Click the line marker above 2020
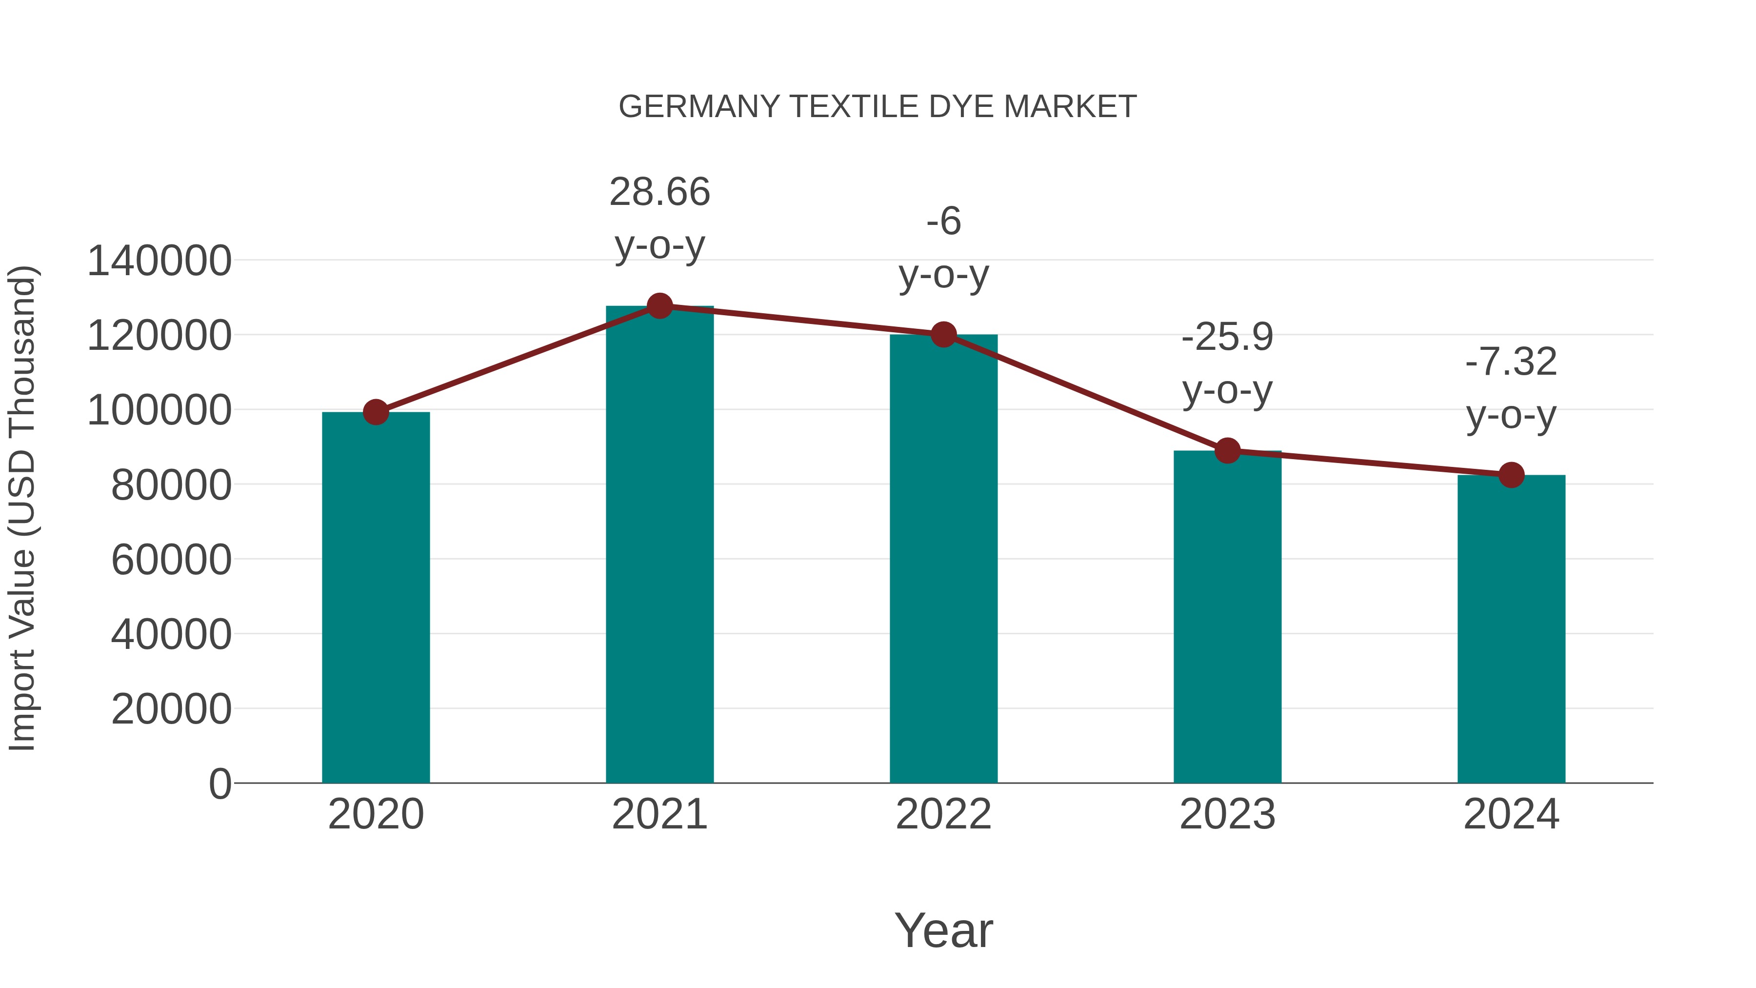pyautogui.click(x=376, y=412)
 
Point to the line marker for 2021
pyautogui.click(x=659, y=306)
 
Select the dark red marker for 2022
pyautogui.click(x=943, y=334)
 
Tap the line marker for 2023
pyautogui.click(x=1227, y=451)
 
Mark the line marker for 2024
pyautogui.click(x=1511, y=475)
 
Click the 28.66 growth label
pyautogui.click(x=659, y=192)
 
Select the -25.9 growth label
pyautogui.click(x=1227, y=338)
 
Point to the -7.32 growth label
pyautogui.click(x=1511, y=362)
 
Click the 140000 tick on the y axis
pyautogui.click(x=160, y=261)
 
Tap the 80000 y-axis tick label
pyautogui.click(x=171, y=485)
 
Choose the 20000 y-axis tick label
pyautogui.click(x=171, y=709)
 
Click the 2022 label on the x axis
pyautogui.click(x=943, y=814)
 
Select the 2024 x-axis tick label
pyautogui.click(x=1511, y=814)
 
